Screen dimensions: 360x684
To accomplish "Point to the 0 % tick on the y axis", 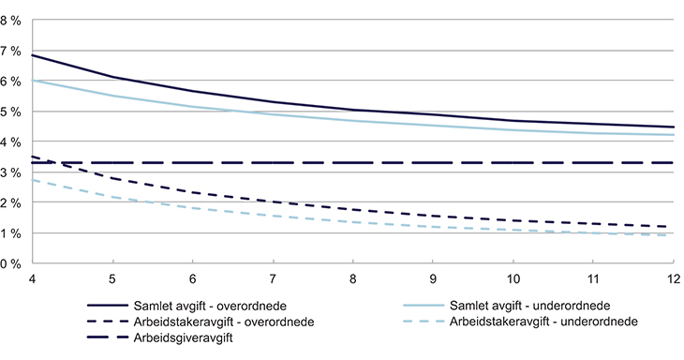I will click(13, 263).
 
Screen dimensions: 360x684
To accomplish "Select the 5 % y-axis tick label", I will click(13, 112).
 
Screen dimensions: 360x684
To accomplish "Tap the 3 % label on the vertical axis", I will click(13, 172).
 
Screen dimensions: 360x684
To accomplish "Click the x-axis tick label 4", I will click(32, 280).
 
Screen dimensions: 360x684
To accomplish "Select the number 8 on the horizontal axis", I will click(353, 280).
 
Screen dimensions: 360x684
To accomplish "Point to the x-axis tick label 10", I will click(513, 280).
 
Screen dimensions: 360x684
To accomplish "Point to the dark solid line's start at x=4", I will click(32, 55).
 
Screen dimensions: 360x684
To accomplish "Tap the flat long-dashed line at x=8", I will click(353, 163).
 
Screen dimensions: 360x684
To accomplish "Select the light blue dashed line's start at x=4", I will click(32, 180).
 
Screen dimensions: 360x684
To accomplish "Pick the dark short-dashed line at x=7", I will click(273, 202).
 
